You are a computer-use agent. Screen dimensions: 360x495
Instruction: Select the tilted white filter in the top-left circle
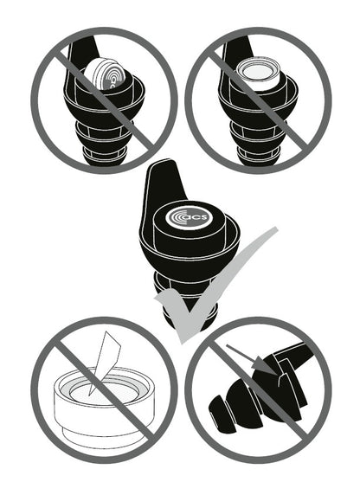104,74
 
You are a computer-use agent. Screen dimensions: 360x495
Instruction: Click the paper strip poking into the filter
104,363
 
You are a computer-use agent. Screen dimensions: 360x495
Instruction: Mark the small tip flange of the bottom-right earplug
221,409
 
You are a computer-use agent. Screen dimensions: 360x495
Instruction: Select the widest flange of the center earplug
190,253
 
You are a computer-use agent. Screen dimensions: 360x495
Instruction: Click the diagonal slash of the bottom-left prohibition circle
104,390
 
